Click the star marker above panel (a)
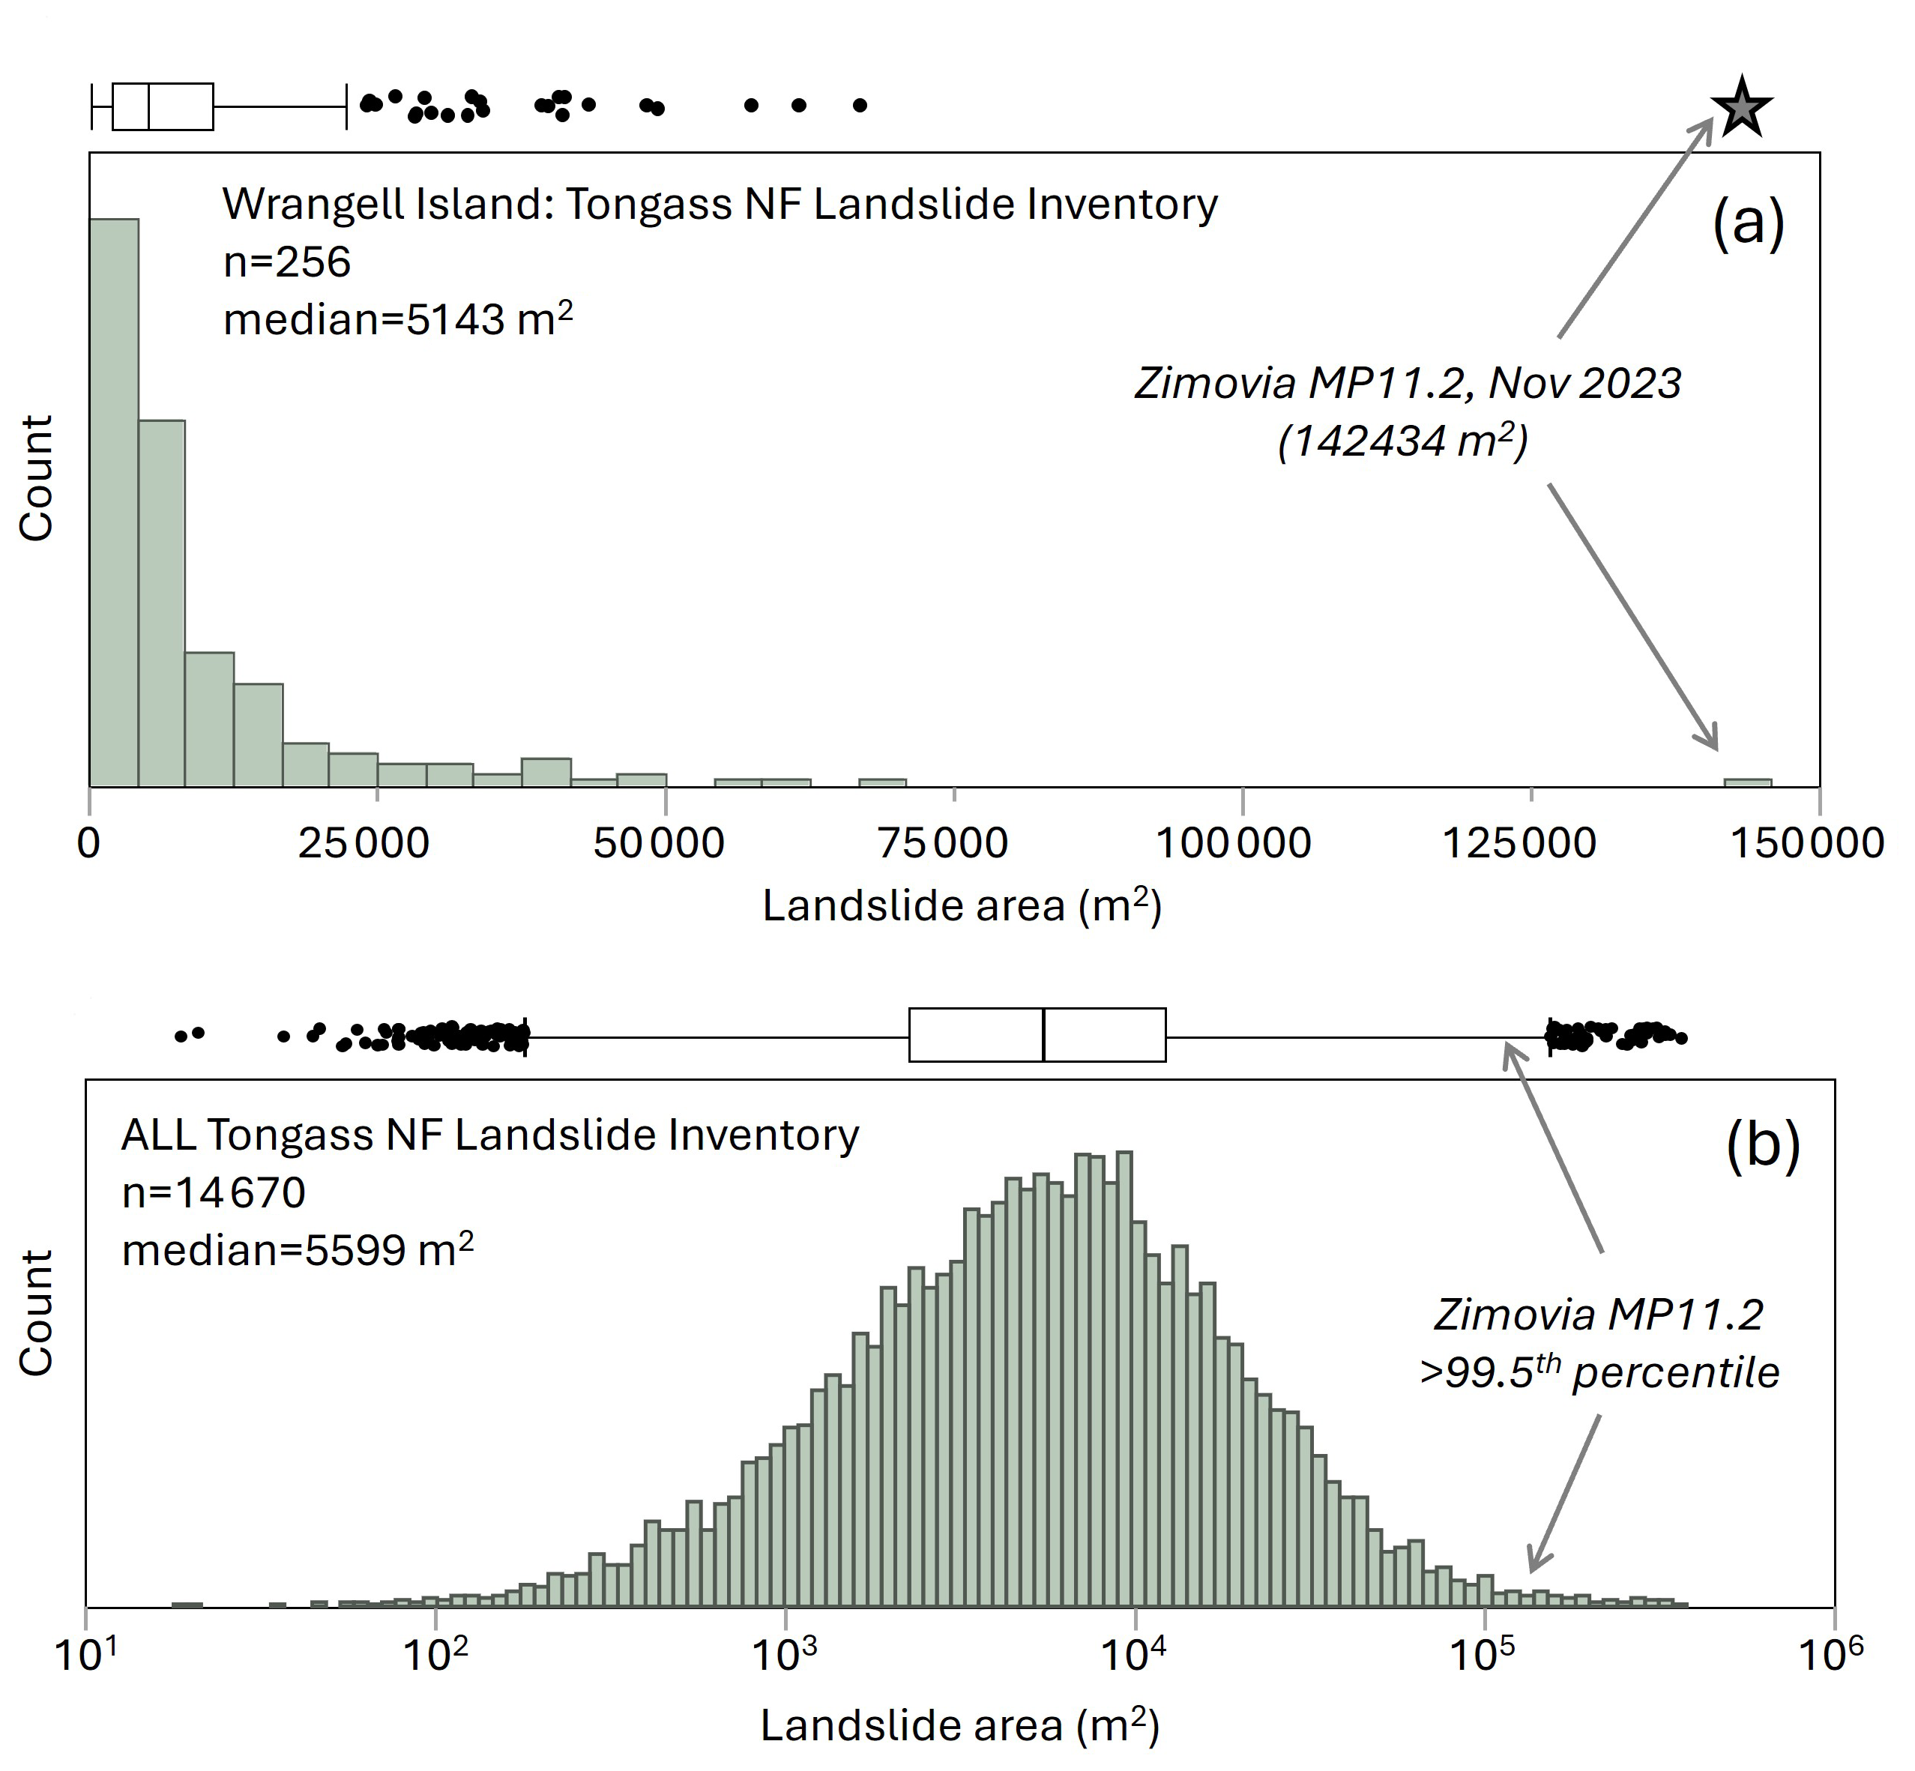1742,108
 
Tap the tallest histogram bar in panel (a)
114,502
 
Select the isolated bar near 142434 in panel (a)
1747,782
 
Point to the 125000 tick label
1519,843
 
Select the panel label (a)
1747,223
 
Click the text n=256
286,262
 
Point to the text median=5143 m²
396,319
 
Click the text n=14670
214,1193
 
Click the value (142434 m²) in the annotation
1402,441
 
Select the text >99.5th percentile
1599,1373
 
